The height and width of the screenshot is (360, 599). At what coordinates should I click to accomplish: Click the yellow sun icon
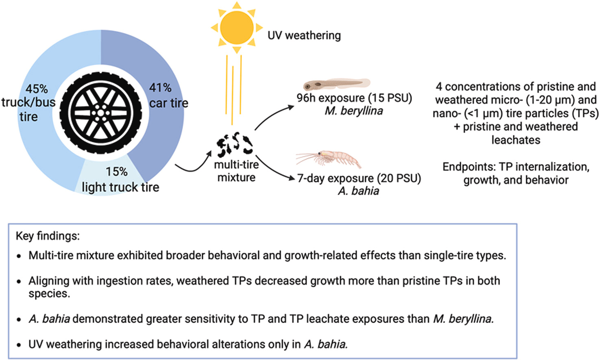236,28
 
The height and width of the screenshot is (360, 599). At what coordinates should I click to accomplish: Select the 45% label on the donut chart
37,89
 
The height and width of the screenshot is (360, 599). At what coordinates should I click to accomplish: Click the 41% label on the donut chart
160,87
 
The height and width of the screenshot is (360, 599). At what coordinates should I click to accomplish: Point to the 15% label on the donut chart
117,172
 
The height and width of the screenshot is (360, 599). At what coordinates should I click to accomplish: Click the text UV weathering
304,35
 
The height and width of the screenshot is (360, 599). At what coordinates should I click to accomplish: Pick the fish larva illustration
336,85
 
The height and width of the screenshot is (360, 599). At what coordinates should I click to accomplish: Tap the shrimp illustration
329,158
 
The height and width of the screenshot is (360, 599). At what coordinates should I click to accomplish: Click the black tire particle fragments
235,145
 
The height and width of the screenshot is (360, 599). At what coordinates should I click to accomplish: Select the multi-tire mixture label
236,171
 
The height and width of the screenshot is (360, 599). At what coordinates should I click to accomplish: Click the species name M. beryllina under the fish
353,111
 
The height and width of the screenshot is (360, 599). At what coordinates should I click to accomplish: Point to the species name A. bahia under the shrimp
358,191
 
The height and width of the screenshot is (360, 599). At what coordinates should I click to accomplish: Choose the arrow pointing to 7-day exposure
274,168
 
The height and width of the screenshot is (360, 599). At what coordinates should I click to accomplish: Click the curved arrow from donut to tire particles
193,163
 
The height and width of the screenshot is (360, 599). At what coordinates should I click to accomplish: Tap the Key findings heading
48,236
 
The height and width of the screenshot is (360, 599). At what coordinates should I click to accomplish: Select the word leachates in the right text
516,140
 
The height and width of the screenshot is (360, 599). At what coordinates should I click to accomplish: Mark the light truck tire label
120,187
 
